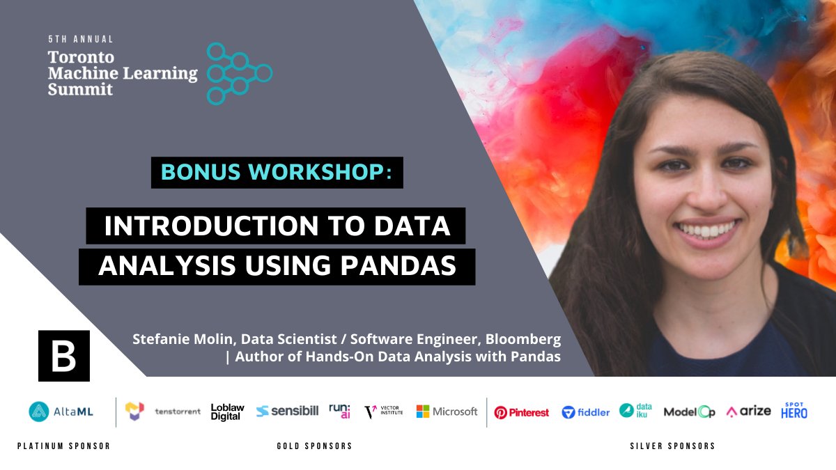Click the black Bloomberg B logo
click(x=64, y=356)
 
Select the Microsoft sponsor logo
click(x=447, y=412)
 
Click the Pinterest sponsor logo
click(x=521, y=412)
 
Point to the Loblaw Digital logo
click(x=226, y=412)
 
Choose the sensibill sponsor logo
click(x=287, y=412)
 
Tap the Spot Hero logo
click(x=794, y=411)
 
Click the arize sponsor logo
click(x=748, y=412)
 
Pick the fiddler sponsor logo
click(x=586, y=412)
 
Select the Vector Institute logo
click(x=384, y=412)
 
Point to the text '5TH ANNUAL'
click(x=80, y=40)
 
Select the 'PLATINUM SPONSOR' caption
click(x=63, y=446)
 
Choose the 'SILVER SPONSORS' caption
click(x=672, y=446)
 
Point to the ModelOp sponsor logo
click(x=689, y=412)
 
